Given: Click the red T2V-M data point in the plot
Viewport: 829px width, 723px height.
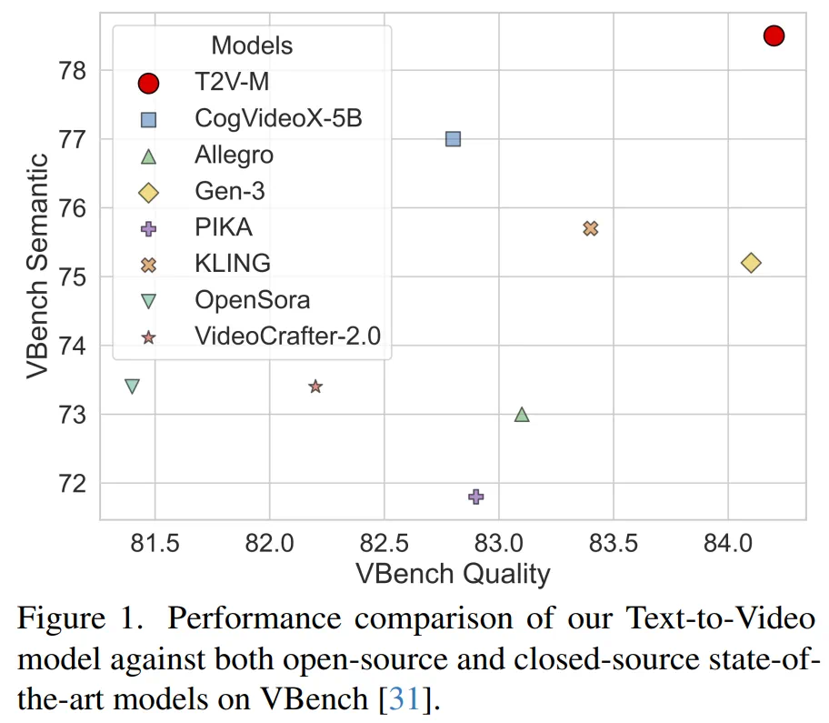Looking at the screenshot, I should [x=774, y=35].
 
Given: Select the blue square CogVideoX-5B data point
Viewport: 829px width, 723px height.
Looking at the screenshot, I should [x=453, y=139].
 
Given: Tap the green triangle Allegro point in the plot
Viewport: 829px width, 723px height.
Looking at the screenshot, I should [x=522, y=415].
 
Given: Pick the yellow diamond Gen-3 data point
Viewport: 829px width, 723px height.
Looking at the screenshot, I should [x=751, y=263].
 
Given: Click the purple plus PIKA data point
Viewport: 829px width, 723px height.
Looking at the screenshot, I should [x=475, y=497].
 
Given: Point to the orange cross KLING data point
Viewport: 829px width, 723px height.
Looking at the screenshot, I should [x=591, y=228].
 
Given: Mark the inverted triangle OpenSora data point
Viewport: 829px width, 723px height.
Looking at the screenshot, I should [x=132, y=387].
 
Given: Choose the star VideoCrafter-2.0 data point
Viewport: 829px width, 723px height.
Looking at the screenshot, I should [x=315, y=387].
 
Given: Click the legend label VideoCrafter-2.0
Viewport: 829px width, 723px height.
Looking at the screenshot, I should [x=287, y=336].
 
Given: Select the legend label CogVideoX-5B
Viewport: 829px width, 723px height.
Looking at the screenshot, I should [x=278, y=117].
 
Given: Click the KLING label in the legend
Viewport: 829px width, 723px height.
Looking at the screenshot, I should [x=233, y=263].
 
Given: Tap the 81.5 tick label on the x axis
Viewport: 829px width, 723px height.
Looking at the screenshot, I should [x=155, y=544].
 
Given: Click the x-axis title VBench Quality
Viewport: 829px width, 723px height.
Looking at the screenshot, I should [x=453, y=575].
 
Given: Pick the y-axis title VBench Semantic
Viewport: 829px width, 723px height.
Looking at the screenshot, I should [x=36, y=266].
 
